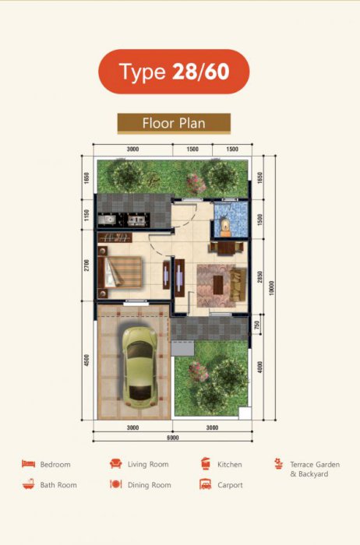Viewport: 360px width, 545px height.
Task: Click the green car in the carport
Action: pyautogui.click(x=139, y=367)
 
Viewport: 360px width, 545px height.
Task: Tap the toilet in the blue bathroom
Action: pyautogui.click(x=225, y=225)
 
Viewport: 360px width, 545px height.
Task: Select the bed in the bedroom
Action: pyautogui.click(x=120, y=272)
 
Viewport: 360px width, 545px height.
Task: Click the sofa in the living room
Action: pyautogui.click(x=238, y=284)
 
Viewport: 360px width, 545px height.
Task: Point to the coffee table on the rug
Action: pyautogui.click(x=218, y=285)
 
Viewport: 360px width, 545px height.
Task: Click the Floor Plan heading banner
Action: pyautogui.click(x=174, y=123)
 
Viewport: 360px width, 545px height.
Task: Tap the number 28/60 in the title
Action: pyautogui.click(x=201, y=72)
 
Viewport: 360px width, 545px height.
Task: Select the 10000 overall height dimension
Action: pyautogui.click(x=272, y=288)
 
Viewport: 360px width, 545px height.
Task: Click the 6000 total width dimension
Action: pyautogui.click(x=173, y=438)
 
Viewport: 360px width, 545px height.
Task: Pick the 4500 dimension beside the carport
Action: pyautogui.click(x=86, y=360)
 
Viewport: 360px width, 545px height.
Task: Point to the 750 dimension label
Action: pyautogui.click(x=257, y=325)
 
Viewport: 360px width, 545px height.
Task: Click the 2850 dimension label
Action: pyautogui.click(x=260, y=276)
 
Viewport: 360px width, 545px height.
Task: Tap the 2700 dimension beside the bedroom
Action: pyautogui.click(x=86, y=265)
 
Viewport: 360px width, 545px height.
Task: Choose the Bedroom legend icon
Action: pyautogui.click(x=29, y=464)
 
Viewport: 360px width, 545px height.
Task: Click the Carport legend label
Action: pyautogui.click(x=230, y=485)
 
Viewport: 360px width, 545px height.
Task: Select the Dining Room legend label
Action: pyautogui.click(x=149, y=485)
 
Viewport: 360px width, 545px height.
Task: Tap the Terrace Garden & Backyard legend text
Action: pyautogui.click(x=315, y=469)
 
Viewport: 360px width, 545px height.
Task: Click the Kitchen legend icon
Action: pyautogui.click(x=206, y=464)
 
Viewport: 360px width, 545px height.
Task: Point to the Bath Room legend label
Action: pyautogui.click(x=58, y=485)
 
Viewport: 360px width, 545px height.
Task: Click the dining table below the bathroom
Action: pyautogui.click(x=226, y=248)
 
